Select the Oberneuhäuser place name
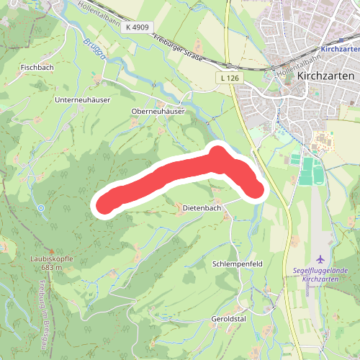pyautogui.click(x=158, y=112)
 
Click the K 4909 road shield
pyautogui.click(x=138, y=27)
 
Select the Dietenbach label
pyautogui.click(x=202, y=207)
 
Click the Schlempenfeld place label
pyautogui.click(x=237, y=264)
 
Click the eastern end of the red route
pyautogui.click(x=256, y=190)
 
